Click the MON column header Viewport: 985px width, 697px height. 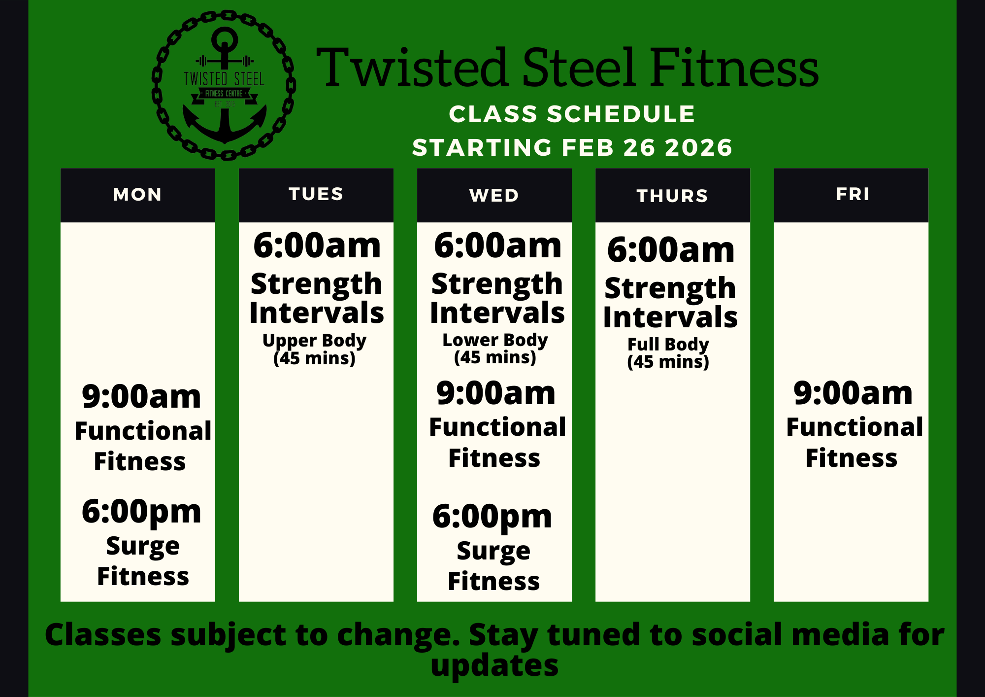137,195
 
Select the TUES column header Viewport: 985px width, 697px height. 316,194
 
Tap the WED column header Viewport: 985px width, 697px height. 494,196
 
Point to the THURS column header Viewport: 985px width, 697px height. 672,196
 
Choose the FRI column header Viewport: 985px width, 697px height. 853,194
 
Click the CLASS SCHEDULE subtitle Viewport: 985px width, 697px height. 572,114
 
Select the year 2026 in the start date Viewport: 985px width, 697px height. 699,148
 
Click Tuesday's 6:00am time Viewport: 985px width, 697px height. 317,245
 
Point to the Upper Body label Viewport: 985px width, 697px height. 314,341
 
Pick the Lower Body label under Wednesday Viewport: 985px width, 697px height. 495,340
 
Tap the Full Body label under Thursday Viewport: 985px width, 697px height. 668,344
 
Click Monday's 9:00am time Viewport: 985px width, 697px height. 141,396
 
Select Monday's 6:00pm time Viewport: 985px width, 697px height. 141,512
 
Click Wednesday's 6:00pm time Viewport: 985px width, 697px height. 492,517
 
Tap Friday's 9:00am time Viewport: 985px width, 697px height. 853,393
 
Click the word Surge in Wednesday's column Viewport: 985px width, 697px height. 493,551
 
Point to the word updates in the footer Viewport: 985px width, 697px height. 494,666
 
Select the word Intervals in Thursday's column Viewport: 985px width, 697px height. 670,317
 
